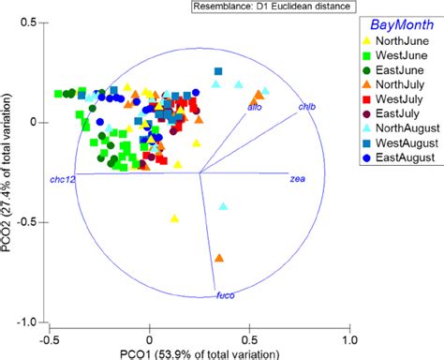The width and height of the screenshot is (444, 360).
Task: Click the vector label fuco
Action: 225,295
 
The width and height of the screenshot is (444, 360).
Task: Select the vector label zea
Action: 298,177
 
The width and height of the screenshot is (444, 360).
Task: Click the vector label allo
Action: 254,108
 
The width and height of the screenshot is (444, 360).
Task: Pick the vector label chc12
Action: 62,177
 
